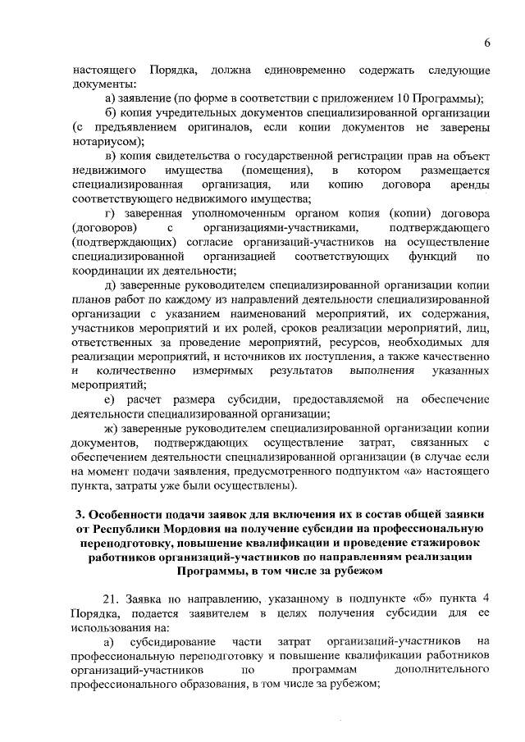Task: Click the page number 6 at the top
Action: click(x=486, y=43)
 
